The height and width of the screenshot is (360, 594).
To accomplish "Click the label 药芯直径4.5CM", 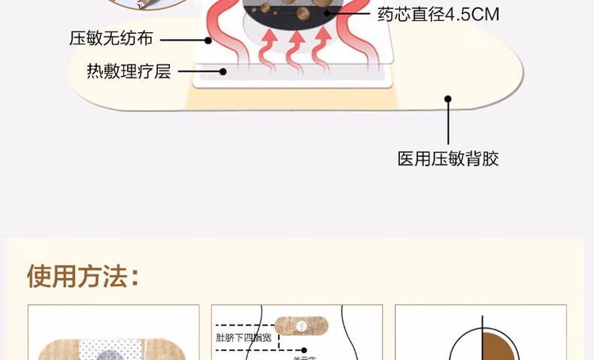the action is (x=438, y=14).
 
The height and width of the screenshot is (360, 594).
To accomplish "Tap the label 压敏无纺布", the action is (x=111, y=38).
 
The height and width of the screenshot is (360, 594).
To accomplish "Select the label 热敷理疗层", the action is (x=129, y=71).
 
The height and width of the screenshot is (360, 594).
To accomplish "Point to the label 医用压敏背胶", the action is (x=448, y=159).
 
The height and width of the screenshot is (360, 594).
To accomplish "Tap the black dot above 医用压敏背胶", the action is (x=448, y=98).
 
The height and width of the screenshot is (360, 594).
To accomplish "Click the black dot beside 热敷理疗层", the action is (x=223, y=71).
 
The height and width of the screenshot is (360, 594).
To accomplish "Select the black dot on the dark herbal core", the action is (x=326, y=13).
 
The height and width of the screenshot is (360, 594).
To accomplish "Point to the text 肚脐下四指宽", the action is (x=244, y=337).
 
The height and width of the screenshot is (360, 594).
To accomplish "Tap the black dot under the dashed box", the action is (x=304, y=349).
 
